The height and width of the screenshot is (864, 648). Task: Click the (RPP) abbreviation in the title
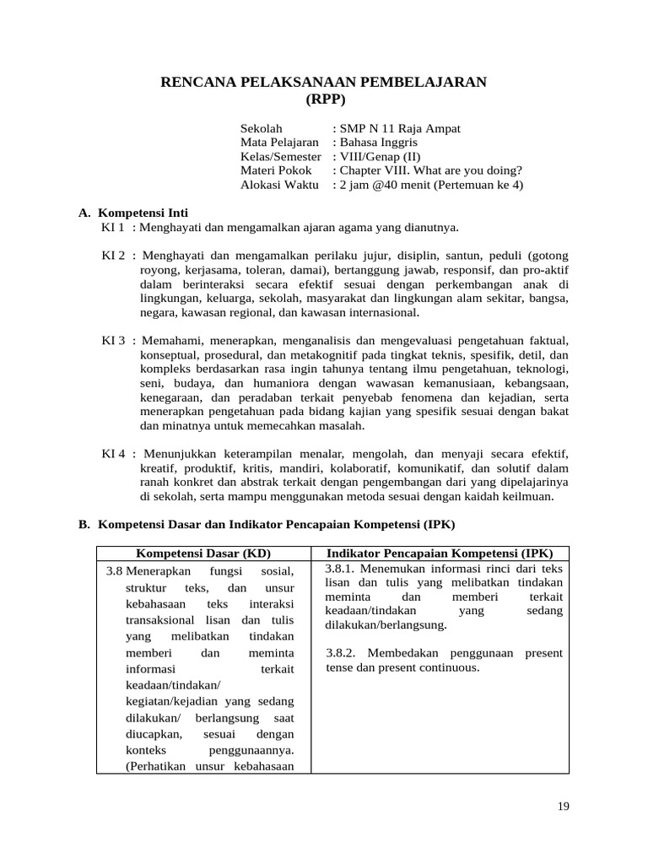coord(324,98)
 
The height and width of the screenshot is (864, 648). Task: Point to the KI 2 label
coord(114,255)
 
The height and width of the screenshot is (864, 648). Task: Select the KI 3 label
coord(114,340)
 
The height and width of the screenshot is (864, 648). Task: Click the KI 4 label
coord(114,454)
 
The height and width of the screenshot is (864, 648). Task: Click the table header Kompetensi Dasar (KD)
coord(203,553)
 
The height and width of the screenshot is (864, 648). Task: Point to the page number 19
coord(564,807)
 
